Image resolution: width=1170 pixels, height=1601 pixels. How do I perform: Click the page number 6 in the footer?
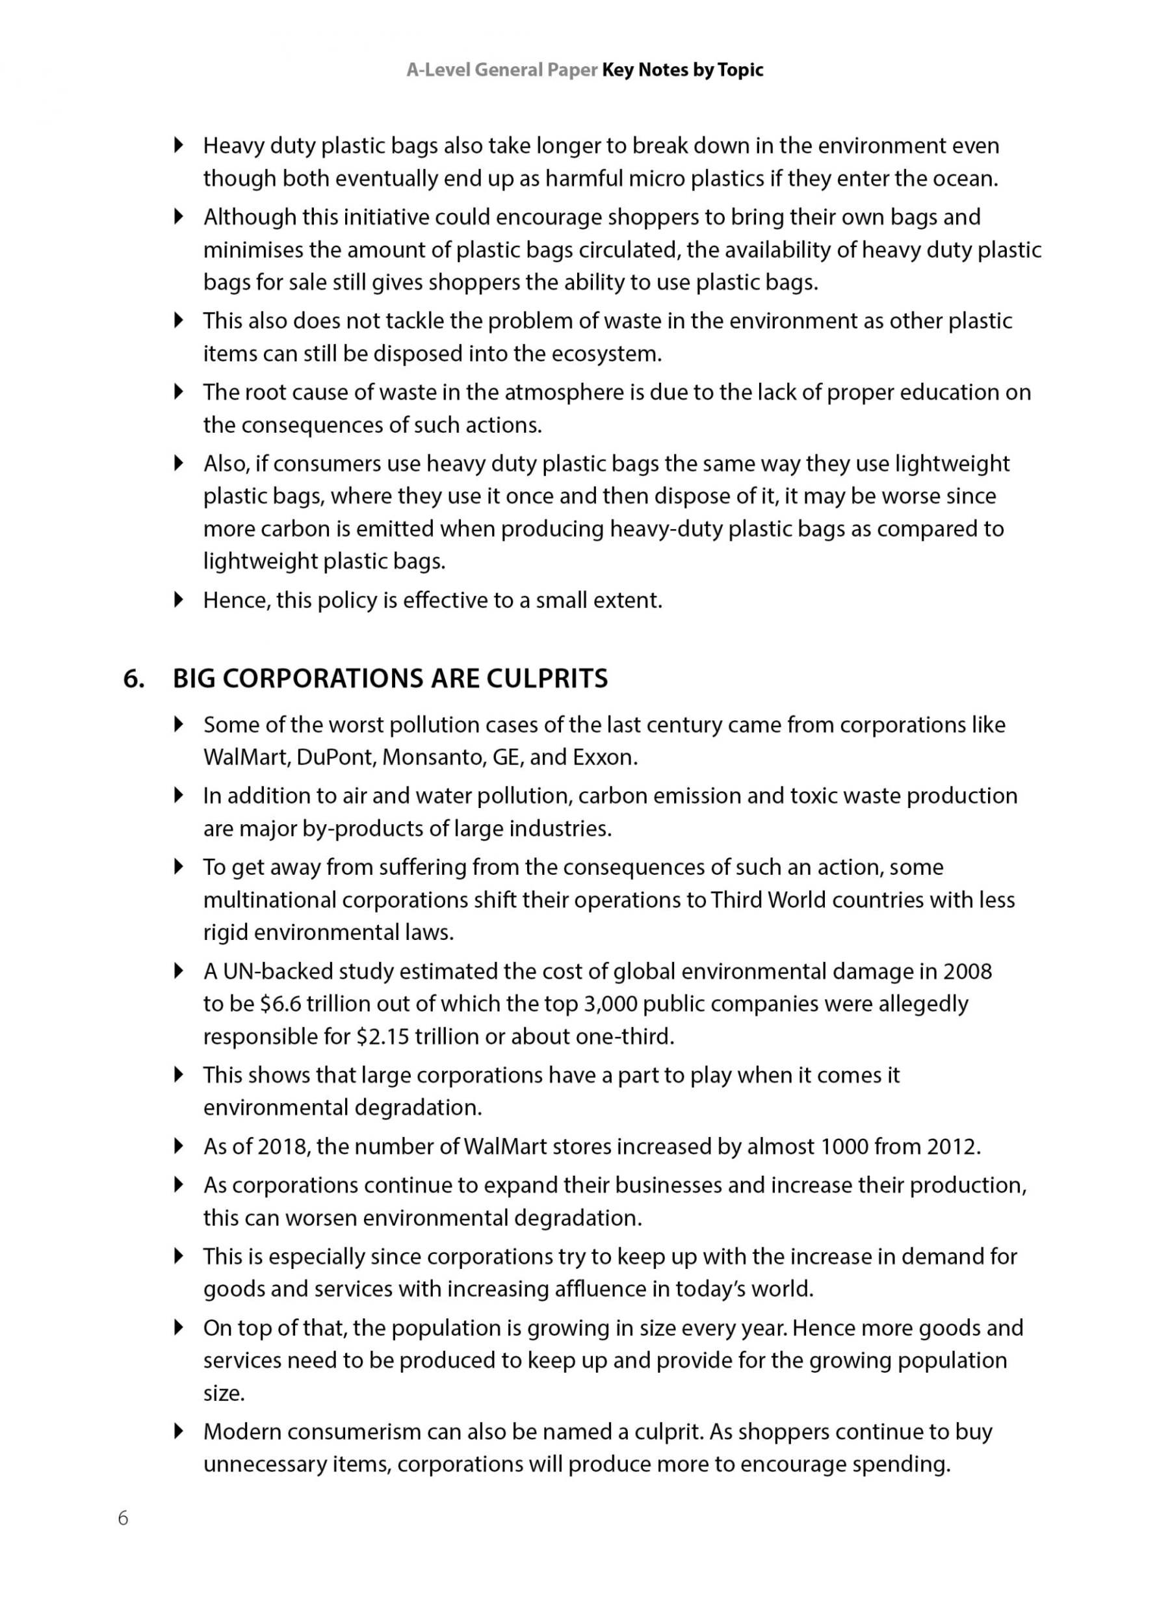(123, 1518)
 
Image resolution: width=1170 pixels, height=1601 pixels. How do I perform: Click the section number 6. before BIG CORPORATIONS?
(134, 679)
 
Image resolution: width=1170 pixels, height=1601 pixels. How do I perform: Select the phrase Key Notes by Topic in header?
(682, 70)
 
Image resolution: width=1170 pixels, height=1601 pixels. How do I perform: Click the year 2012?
(952, 1146)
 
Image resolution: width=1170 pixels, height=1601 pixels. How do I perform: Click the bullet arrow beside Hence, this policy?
(179, 600)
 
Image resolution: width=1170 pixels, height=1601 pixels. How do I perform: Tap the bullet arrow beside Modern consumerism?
(179, 1431)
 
